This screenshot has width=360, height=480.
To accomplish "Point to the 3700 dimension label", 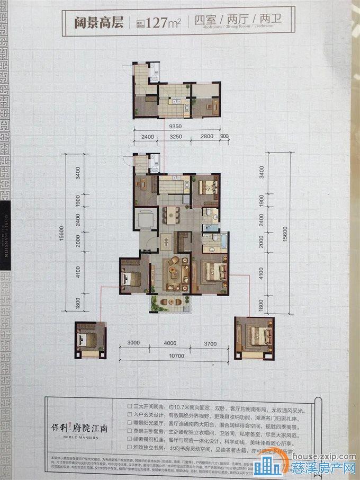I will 210,344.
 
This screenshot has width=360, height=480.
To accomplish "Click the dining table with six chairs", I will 172,215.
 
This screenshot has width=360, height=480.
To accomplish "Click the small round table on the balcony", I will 172,301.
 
